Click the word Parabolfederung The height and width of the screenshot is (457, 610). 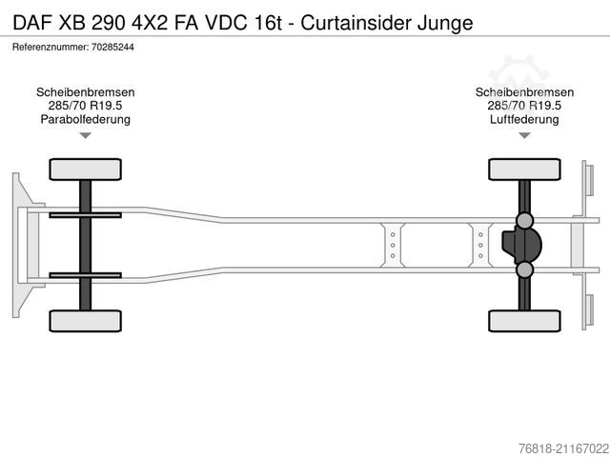[x=85, y=119]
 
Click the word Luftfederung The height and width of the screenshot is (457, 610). [x=524, y=119]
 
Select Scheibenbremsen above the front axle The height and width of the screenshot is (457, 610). [x=85, y=92]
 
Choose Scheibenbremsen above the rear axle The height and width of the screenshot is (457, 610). [x=524, y=92]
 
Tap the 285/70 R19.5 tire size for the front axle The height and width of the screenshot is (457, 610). [x=85, y=106]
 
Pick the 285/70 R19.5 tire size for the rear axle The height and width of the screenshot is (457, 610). [x=524, y=106]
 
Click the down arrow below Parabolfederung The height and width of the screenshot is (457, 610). [x=85, y=136]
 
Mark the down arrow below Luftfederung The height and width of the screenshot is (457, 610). [x=524, y=136]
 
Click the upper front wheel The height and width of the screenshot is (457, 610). [x=85, y=169]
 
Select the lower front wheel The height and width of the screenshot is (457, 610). [x=85, y=320]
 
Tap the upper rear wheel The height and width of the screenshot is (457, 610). [x=523, y=169]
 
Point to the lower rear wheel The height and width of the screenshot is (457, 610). [x=523, y=320]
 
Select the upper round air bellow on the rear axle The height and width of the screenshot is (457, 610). [x=524, y=221]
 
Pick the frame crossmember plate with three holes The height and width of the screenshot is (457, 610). [x=392, y=245]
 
